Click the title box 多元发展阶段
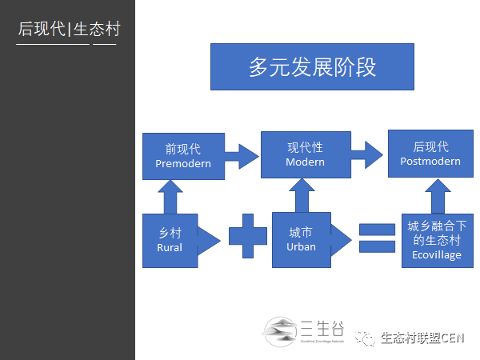click(x=312, y=66)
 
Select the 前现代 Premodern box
click(x=183, y=156)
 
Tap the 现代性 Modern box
click(x=305, y=154)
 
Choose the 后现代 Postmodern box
click(x=430, y=154)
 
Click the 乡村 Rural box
click(x=170, y=240)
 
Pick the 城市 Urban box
click(x=301, y=239)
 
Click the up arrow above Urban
click(x=301, y=195)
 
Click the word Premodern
click(x=183, y=163)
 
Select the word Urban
click(x=301, y=246)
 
